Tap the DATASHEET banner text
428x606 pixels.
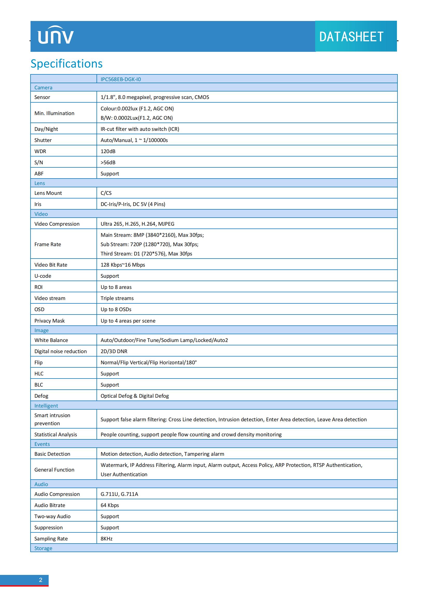[351, 37]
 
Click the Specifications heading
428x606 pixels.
[67, 64]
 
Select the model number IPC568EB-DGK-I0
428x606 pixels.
[121, 79]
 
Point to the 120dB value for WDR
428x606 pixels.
[108, 151]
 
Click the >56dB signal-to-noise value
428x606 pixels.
[108, 162]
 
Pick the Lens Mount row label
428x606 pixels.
[48, 193]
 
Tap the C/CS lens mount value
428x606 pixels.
[106, 193]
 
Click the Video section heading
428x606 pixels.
[41, 214]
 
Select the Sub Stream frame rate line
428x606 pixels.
[149, 244]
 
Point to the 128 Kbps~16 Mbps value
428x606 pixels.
[123, 265]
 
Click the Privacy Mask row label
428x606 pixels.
[49, 321]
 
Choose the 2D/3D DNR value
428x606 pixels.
[114, 351]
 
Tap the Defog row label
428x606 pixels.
[41, 396]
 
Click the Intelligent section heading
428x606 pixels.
[46, 406]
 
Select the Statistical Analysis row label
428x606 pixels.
[56, 434]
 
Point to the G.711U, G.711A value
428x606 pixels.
[119, 494]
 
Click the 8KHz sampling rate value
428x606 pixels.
[106, 539]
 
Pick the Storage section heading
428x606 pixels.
[43, 548]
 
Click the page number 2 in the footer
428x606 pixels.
[41, 580]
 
